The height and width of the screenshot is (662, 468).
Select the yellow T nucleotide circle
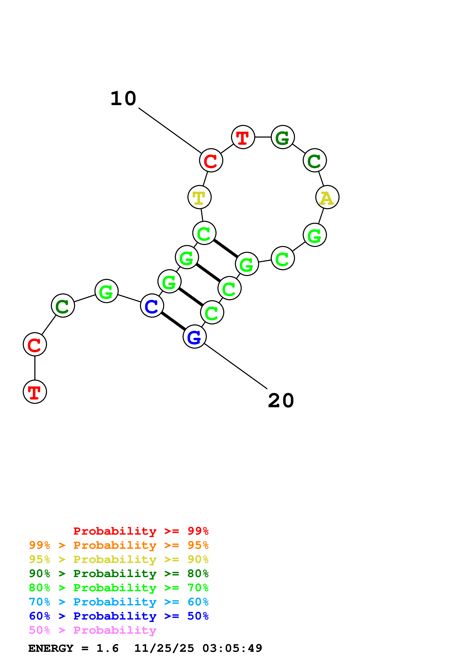[199, 198]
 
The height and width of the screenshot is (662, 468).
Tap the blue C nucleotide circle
[152, 306]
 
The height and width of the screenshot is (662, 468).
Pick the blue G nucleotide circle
[195, 336]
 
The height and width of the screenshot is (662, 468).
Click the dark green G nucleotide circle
[283, 137]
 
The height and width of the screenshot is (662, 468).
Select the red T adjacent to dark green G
[243, 137]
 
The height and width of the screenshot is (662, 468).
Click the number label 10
[123, 99]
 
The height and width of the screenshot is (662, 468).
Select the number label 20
[281, 401]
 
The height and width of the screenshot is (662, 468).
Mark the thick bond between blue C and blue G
[173, 321]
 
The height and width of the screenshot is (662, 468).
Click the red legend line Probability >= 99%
[141, 531]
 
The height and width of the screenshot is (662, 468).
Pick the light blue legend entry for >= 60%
[119, 602]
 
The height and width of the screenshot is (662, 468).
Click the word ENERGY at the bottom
[51, 648]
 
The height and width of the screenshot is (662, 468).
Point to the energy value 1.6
[107, 648]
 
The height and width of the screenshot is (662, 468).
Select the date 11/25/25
[164, 648]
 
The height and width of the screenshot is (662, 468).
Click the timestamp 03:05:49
[232, 648]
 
